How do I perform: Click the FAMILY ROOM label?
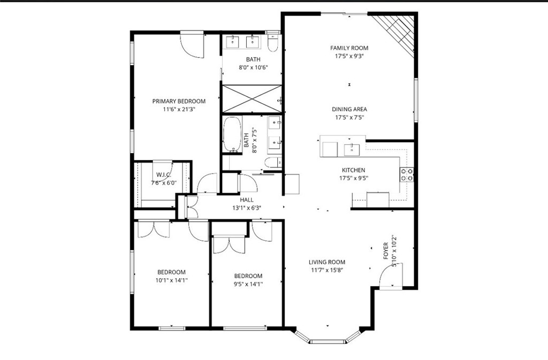point(349,48)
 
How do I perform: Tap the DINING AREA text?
point(349,109)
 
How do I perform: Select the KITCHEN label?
point(353,170)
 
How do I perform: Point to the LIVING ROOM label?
point(326,262)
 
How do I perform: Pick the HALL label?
point(247,200)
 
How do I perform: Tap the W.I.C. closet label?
point(164,175)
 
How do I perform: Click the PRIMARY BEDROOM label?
point(178,101)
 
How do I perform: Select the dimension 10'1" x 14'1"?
point(171,280)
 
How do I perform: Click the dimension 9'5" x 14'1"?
point(248,284)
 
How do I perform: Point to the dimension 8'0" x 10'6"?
point(253,67)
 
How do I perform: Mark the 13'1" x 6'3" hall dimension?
point(247,209)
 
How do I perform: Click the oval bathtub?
point(232,134)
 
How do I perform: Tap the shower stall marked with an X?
point(251,98)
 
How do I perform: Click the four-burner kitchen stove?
point(407,174)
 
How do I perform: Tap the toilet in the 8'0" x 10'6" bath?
point(273,43)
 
